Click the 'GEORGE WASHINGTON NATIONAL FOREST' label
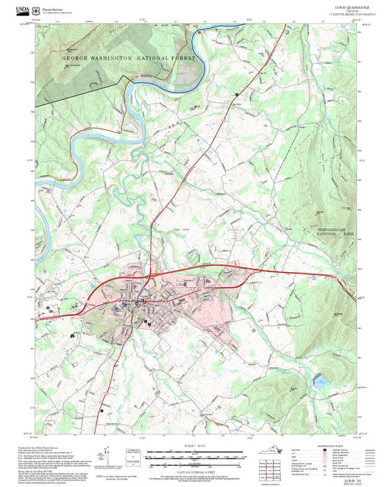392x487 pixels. click(x=129, y=57)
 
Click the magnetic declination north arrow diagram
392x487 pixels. click(x=108, y=455)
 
